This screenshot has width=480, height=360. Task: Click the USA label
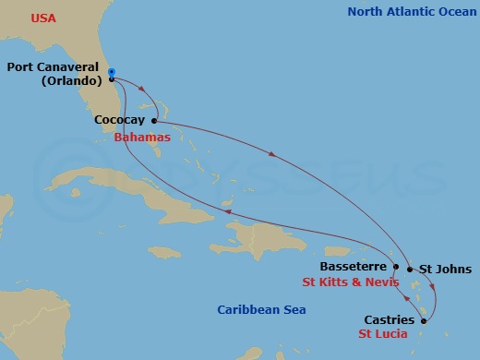coord(42,18)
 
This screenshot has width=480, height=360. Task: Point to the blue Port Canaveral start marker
coord(111,72)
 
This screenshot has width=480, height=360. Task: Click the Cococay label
coord(120,120)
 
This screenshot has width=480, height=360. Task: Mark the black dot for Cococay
coord(154,121)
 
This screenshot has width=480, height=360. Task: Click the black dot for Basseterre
coord(396,268)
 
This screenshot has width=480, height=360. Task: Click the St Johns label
coord(440,270)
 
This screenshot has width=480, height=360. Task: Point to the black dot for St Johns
coord(410,270)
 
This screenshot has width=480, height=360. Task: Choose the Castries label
coord(390,319)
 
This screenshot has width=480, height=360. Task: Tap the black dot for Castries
coord(425,321)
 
